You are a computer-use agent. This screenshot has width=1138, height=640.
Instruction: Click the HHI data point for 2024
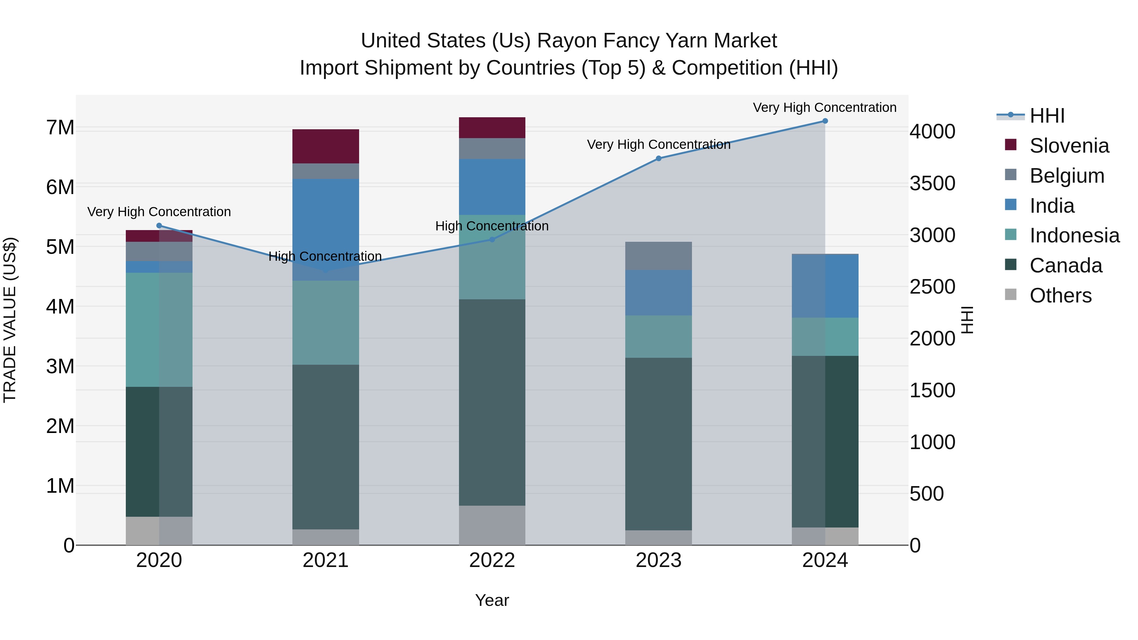825,121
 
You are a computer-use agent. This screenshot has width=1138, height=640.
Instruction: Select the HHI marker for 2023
658,158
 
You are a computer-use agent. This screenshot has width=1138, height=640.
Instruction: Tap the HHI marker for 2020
159,226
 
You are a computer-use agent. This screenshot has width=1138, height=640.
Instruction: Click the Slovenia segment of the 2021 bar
326,146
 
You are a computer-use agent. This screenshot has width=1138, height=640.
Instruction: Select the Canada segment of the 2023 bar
658,444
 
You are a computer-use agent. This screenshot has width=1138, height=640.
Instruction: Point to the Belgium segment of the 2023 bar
658,256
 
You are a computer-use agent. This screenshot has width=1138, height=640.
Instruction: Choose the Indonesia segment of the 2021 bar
326,322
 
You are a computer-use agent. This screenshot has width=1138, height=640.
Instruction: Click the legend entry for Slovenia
1069,146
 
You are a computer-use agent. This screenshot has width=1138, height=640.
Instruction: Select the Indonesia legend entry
1074,235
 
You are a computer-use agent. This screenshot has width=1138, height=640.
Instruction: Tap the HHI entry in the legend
1047,116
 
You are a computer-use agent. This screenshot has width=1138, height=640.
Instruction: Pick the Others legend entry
1060,296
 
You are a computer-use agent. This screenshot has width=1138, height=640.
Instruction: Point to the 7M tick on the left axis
60,128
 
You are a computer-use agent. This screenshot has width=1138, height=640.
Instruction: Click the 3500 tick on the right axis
933,183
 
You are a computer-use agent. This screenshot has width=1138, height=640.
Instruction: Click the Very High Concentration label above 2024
824,107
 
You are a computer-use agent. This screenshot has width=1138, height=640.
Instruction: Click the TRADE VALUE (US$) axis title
10,320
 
